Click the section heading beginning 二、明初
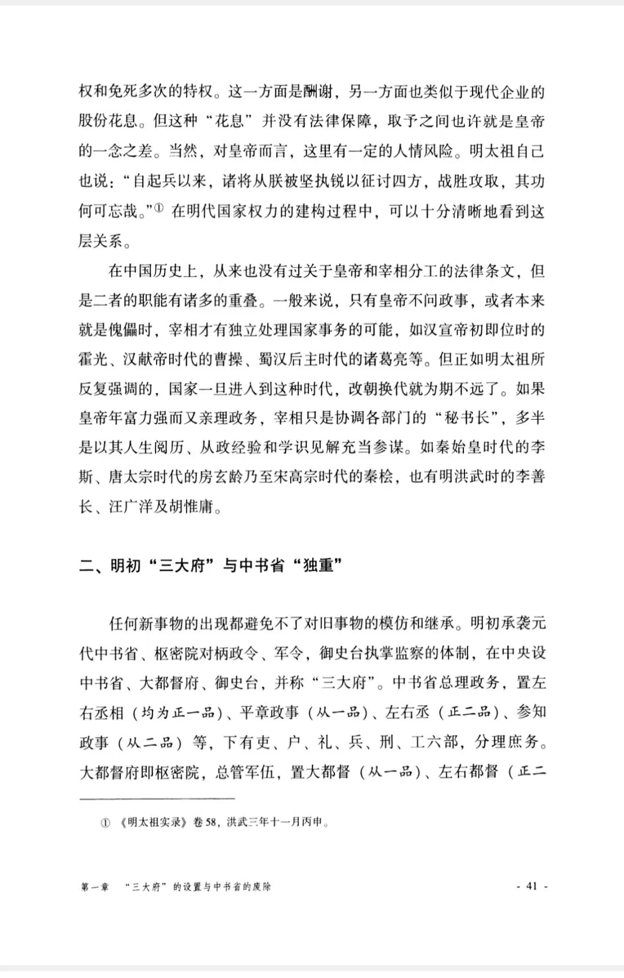tap(211, 566)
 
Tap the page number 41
tap(532, 886)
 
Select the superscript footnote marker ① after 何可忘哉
tap(160, 207)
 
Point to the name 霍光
tap(93, 359)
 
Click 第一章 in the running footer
tap(95, 886)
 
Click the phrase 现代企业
tap(500, 92)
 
